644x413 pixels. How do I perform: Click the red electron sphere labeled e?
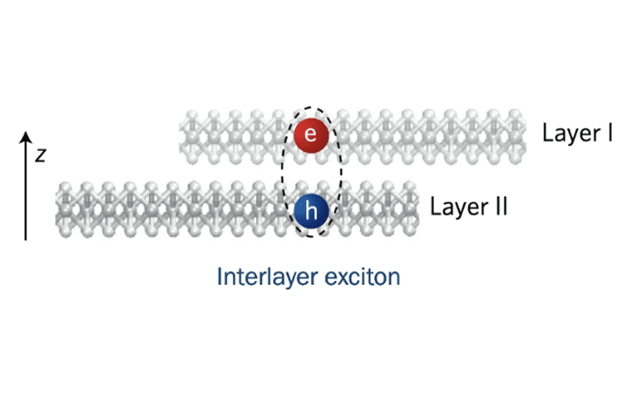coord(310,135)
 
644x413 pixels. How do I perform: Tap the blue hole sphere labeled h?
coord(311,212)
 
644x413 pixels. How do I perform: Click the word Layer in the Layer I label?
coord(570,132)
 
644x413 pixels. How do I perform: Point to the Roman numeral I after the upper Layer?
coord(608,132)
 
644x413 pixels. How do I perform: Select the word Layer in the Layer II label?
coord(458,206)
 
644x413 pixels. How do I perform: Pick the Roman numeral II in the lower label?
coord(499,206)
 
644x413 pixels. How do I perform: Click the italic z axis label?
coord(40,154)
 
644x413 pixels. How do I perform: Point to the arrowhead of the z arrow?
coord(26,134)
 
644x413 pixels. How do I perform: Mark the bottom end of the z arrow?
coord(26,239)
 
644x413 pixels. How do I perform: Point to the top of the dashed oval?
coord(311,107)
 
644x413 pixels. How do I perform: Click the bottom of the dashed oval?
coord(311,237)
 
